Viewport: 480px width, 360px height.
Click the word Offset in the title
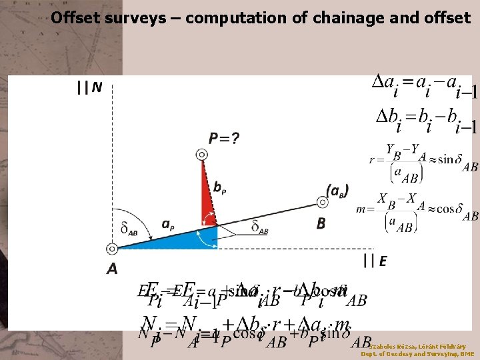[75, 17]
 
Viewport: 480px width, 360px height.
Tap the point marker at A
[112, 249]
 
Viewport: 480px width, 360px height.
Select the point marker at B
[318, 200]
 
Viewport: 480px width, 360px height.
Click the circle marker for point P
[201, 155]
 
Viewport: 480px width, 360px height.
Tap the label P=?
[224, 139]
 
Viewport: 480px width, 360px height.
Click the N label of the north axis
[97, 87]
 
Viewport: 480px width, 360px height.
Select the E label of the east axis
[383, 261]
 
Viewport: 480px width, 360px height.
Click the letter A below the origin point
[111, 269]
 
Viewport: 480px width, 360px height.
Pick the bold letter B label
[321, 223]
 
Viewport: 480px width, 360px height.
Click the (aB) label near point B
[337, 190]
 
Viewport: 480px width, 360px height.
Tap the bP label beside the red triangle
[219, 189]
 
